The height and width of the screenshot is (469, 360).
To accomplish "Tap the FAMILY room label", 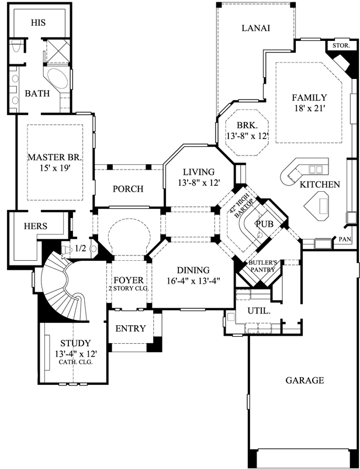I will click(309, 98).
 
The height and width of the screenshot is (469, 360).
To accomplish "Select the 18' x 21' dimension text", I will click(309, 108).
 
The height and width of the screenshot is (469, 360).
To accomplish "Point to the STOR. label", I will click(341, 45).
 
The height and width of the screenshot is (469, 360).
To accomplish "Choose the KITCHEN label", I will click(319, 185).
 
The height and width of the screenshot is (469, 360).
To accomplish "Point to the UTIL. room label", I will click(259, 312).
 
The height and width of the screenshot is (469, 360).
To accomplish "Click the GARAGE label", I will click(304, 380).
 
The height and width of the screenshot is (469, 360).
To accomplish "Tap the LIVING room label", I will click(198, 172).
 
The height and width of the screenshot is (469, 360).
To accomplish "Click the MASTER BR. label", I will click(56, 157).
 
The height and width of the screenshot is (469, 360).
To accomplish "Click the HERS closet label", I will click(36, 226).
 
